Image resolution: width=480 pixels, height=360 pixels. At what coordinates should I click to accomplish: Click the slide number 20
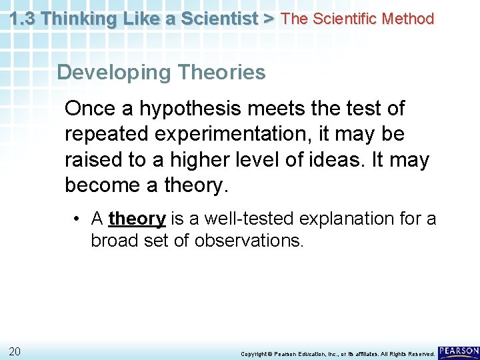(x=14, y=351)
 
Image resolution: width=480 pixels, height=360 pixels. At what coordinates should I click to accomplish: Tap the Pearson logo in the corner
(x=459, y=351)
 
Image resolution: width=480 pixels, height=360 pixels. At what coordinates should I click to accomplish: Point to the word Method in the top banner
(x=405, y=19)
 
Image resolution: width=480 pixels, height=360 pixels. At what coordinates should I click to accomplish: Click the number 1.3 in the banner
(x=24, y=19)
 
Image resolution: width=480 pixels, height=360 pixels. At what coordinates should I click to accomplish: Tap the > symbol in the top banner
(x=268, y=19)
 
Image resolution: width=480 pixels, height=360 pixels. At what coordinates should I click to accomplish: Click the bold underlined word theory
(x=137, y=219)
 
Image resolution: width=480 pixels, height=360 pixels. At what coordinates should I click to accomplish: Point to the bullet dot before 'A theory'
(x=78, y=219)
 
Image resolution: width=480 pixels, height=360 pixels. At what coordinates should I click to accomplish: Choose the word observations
(x=249, y=240)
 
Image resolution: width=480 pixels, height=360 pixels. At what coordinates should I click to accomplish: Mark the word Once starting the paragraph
(x=90, y=109)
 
